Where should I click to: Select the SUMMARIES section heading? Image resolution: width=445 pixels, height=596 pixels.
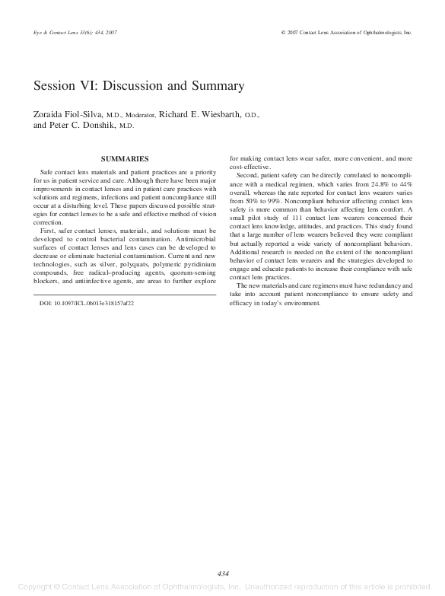(124, 158)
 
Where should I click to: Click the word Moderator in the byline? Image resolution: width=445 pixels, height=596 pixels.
(139, 116)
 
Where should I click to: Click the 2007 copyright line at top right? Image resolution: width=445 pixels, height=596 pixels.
(346, 33)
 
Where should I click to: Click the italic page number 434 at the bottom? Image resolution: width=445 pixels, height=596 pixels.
(223, 573)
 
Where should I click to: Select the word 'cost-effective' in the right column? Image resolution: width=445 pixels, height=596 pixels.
(250, 167)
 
